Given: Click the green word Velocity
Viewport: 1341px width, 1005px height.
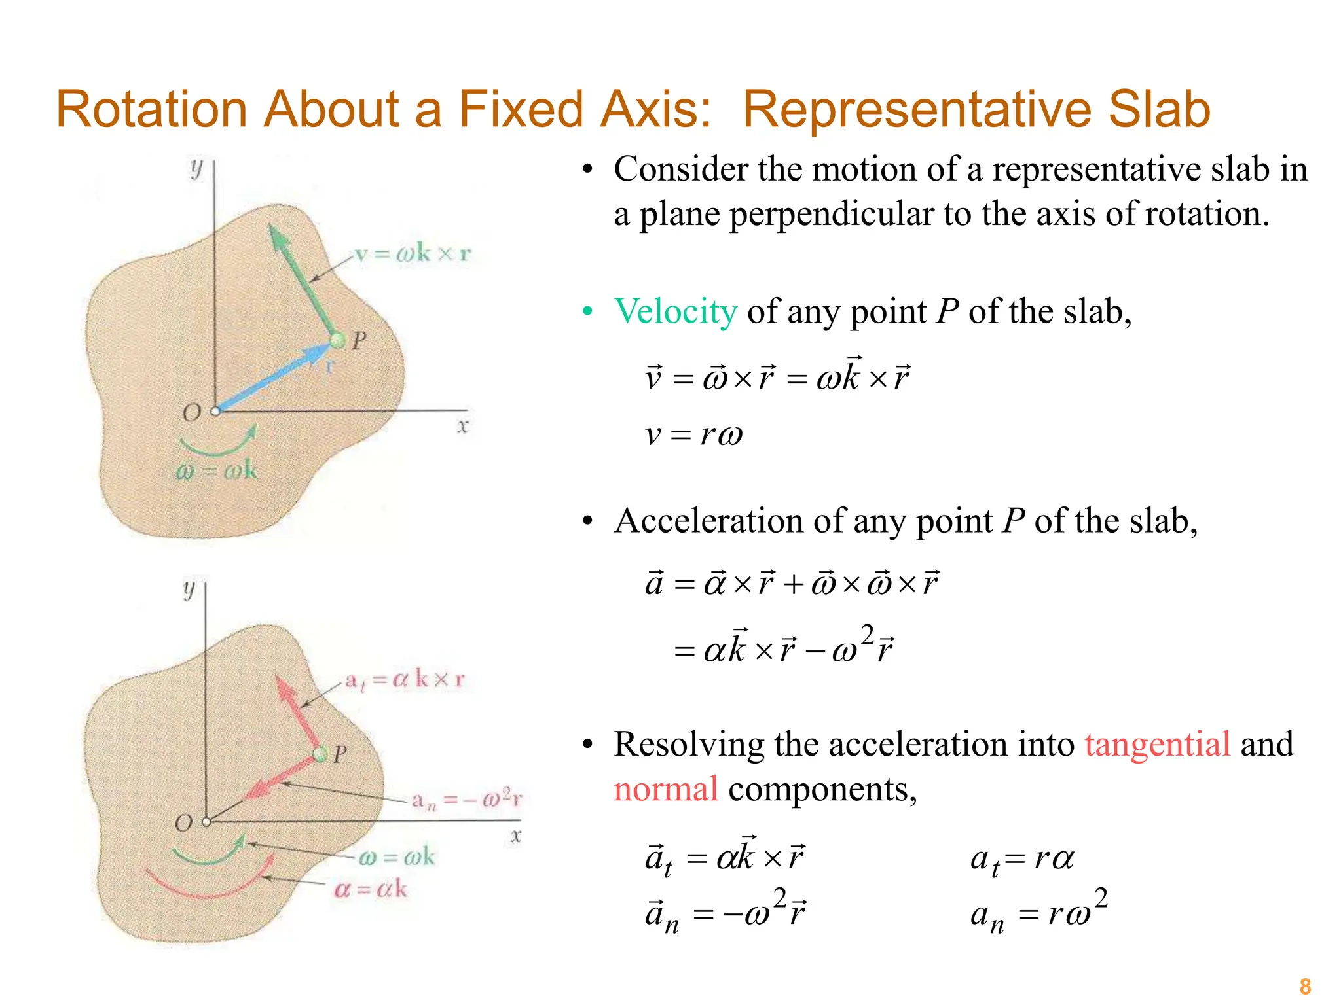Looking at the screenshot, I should tap(676, 311).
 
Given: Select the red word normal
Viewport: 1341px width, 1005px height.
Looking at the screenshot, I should tap(666, 789).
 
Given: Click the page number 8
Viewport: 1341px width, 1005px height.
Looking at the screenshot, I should tap(1305, 985).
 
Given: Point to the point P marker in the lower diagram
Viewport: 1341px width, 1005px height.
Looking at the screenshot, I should tap(320, 754).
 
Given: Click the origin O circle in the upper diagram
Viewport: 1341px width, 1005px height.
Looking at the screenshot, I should tap(215, 412).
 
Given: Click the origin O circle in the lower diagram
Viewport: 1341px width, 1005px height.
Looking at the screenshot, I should tap(206, 822).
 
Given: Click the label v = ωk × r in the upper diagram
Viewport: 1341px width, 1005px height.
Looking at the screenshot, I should tap(413, 254).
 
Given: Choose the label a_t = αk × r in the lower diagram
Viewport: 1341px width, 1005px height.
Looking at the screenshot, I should tap(405, 680).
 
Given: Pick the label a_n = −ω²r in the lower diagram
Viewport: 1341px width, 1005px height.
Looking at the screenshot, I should tap(467, 800).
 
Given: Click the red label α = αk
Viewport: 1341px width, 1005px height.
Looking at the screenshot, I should tap(371, 889).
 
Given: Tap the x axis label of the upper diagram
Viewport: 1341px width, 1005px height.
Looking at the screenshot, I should tap(463, 427).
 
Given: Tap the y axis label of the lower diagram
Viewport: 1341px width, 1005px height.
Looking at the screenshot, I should tap(189, 590).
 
